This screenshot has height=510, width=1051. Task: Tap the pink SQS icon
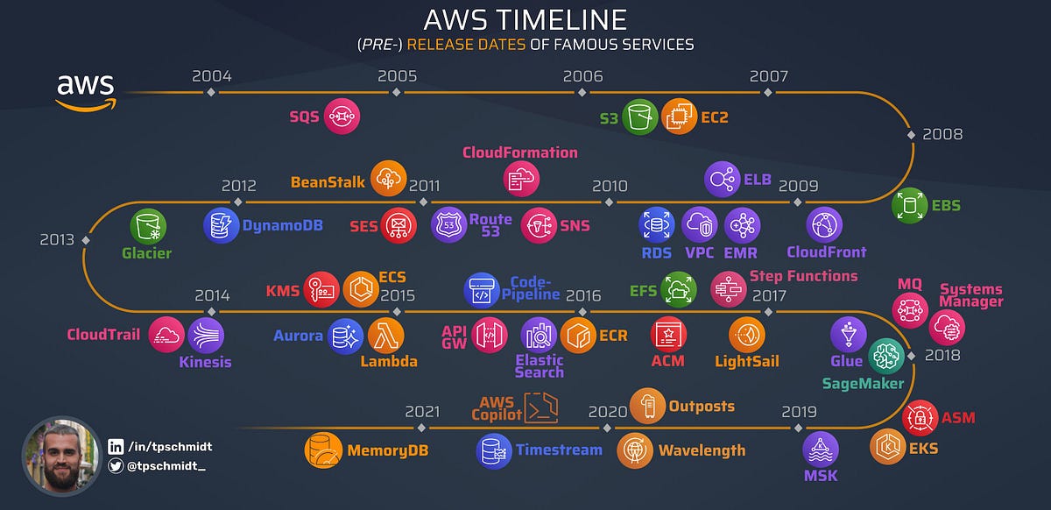[342, 116]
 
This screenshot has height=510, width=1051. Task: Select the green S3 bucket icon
[640, 117]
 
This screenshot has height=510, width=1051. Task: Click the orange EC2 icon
[680, 117]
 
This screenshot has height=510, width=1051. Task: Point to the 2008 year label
[942, 134]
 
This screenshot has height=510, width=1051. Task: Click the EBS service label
[946, 206]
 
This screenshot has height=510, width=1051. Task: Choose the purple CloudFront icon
[824, 225]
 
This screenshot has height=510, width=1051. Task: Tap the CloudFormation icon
[521, 177]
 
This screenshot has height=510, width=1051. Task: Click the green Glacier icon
[148, 227]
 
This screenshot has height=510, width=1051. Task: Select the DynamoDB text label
[282, 225]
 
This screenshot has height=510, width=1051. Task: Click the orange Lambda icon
[384, 335]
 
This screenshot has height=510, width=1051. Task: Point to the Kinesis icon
[206, 335]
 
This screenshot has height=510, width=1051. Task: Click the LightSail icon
[746, 335]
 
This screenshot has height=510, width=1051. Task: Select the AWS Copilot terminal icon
[540, 407]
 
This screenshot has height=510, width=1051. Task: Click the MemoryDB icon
[322, 450]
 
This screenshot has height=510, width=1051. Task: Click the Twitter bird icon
[116, 467]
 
